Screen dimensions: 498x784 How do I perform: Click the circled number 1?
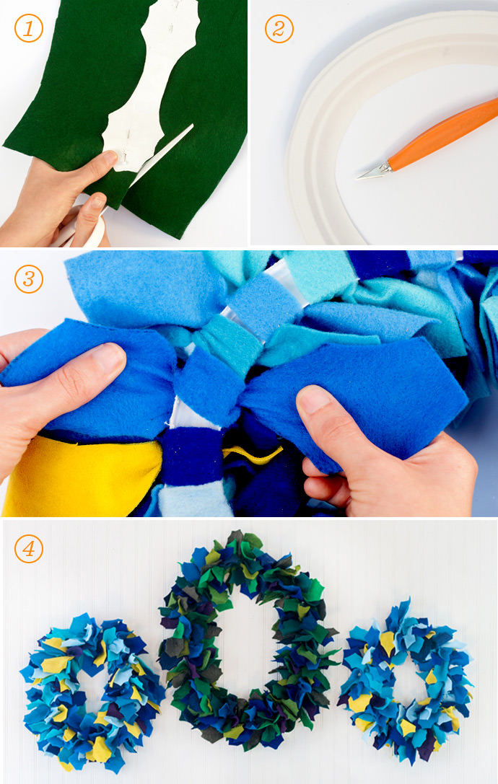click(29, 29)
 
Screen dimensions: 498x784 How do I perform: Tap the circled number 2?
click(279, 29)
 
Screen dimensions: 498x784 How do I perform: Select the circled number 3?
click(29, 278)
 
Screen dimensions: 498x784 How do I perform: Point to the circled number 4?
click(29, 548)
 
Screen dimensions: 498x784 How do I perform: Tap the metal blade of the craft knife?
click(374, 172)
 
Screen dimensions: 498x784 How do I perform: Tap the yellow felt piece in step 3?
click(80, 475)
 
